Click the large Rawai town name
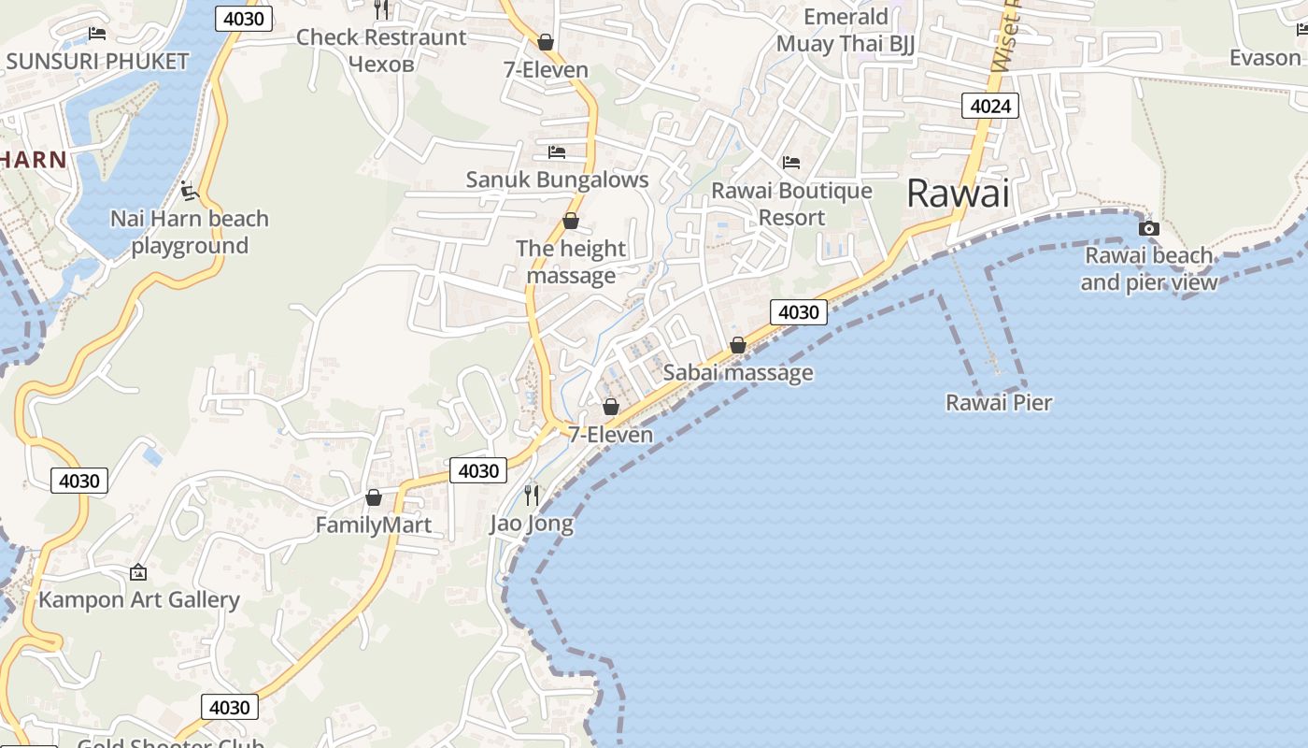tap(959, 194)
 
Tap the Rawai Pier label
tap(999, 403)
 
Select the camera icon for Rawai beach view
tap(1148, 228)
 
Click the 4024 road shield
tap(989, 106)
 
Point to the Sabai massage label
tap(738, 372)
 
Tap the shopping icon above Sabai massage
tap(737, 345)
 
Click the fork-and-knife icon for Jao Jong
tap(532, 496)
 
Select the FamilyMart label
tap(374, 525)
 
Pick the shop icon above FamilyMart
tap(374, 497)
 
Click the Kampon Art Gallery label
tap(139, 599)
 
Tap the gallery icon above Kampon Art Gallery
tap(138, 571)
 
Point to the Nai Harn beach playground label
tap(190, 232)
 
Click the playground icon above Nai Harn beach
tap(190, 192)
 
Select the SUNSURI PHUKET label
tap(97, 62)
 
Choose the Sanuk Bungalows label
tap(557, 180)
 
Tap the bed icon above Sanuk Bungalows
tap(557, 151)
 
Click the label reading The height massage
tap(571, 262)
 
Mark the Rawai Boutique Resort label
tap(791, 204)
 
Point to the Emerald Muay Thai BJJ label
tap(846, 30)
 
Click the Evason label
tap(1264, 58)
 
